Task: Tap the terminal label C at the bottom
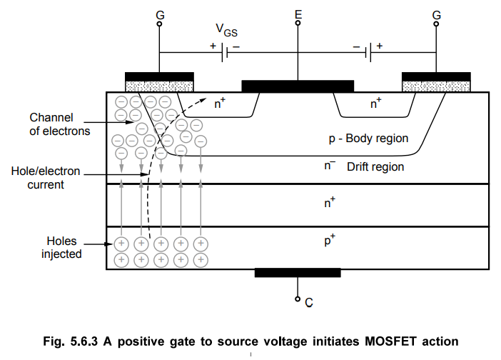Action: (x=308, y=303)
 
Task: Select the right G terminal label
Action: (x=435, y=14)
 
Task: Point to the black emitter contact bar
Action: (x=298, y=86)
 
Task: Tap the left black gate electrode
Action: (x=159, y=76)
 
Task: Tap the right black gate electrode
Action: (x=436, y=76)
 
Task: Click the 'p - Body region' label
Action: (x=364, y=138)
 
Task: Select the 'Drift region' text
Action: (x=375, y=167)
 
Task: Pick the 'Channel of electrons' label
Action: (x=60, y=124)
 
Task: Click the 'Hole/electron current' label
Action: (x=46, y=179)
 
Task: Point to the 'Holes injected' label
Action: (x=61, y=248)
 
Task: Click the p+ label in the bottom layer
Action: (x=330, y=241)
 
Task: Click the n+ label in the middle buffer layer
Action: (x=329, y=203)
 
